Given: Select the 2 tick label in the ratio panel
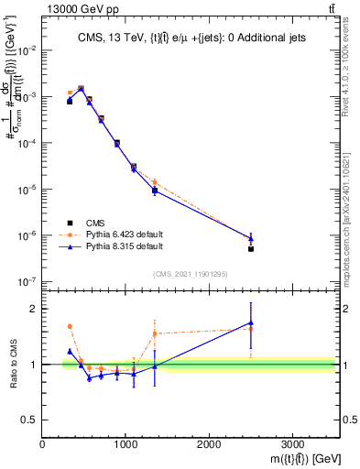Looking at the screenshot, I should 33,309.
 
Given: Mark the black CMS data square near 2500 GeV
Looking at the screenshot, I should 251,248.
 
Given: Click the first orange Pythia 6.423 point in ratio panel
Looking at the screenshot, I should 70,326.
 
